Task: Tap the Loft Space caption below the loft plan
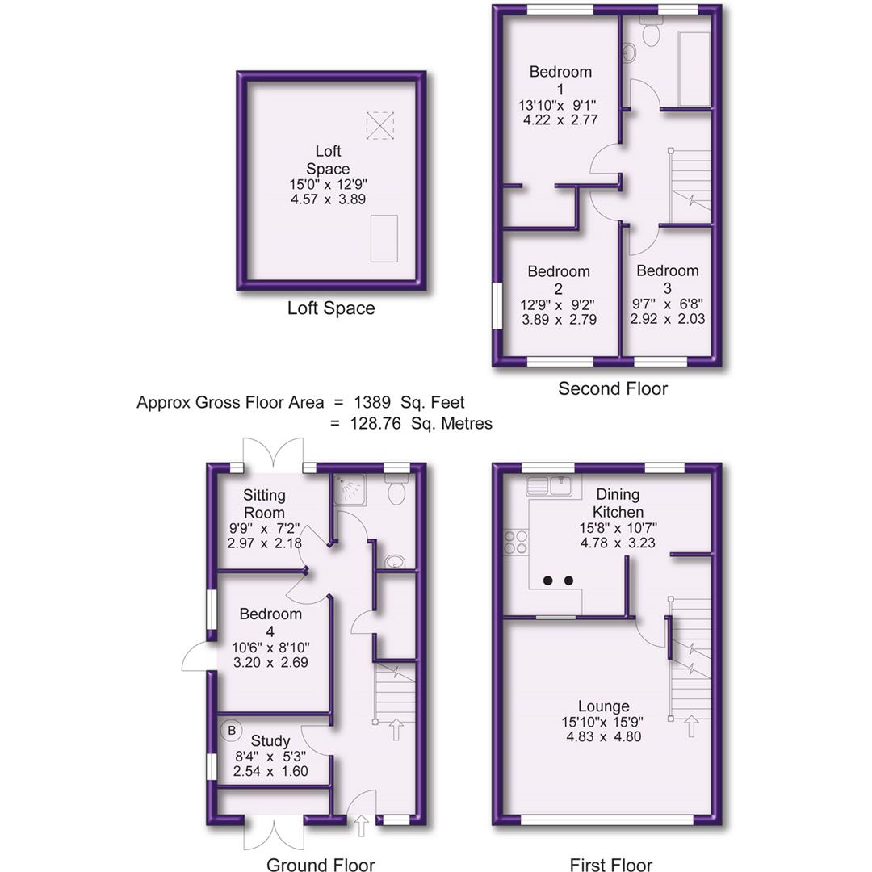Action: click(x=331, y=308)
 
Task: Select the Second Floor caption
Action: click(x=613, y=389)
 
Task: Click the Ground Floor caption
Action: click(x=321, y=866)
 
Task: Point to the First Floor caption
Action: click(x=610, y=866)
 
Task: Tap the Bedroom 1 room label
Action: click(x=560, y=79)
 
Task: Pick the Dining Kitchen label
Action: click(x=618, y=503)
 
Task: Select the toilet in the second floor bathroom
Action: click(x=651, y=31)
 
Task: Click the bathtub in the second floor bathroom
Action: click(x=694, y=69)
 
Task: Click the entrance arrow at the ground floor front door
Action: click(x=361, y=825)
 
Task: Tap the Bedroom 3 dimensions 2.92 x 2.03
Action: click(x=668, y=319)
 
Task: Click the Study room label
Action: click(x=270, y=741)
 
